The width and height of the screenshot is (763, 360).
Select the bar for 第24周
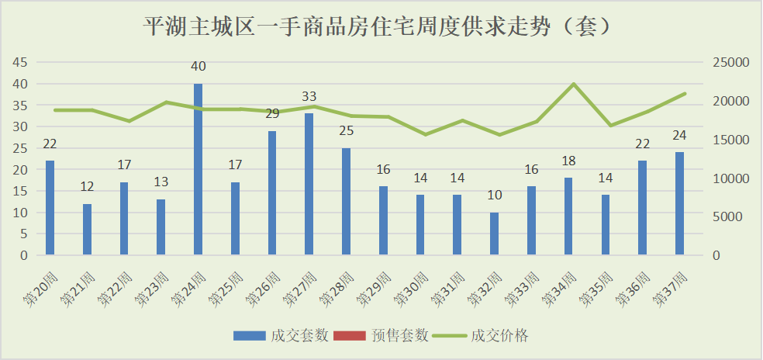pyautogui.click(x=199, y=169)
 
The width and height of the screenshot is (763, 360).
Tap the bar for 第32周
pyautogui.click(x=495, y=234)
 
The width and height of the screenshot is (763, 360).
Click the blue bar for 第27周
pyautogui.click(x=309, y=184)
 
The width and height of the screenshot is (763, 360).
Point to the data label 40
pyautogui.click(x=199, y=67)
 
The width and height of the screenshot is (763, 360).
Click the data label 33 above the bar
pyautogui.click(x=309, y=97)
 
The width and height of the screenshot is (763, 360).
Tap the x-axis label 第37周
pyautogui.click(x=670, y=287)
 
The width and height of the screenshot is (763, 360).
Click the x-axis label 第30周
pyautogui.click(x=410, y=287)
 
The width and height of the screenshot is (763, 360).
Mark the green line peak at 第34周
pyautogui.click(x=573, y=84)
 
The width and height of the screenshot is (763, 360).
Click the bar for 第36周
pyautogui.click(x=643, y=208)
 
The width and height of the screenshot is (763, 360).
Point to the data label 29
pyautogui.click(x=273, y=114)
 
